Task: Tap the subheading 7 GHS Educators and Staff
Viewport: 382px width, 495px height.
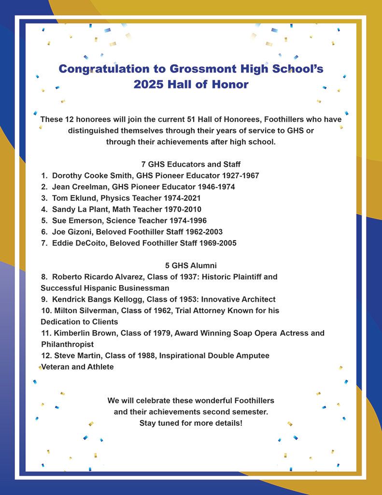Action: tap(191, 164)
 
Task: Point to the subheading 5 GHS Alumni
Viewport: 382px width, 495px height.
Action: tap(191, 265)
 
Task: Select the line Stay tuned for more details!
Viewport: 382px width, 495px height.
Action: tap(191, 423)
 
